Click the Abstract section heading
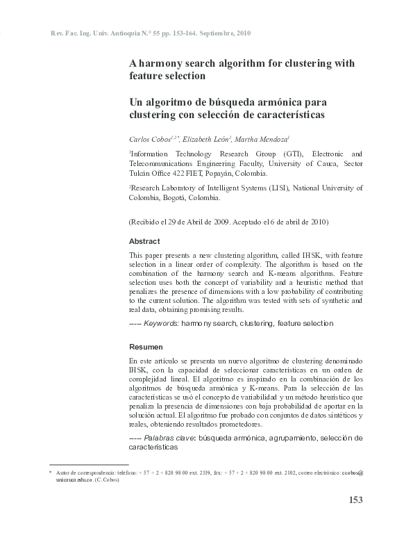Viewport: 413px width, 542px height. tap(144, 241)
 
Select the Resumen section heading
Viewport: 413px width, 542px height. tap(146, 346)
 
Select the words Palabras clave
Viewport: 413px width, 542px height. tap(169, 438)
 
